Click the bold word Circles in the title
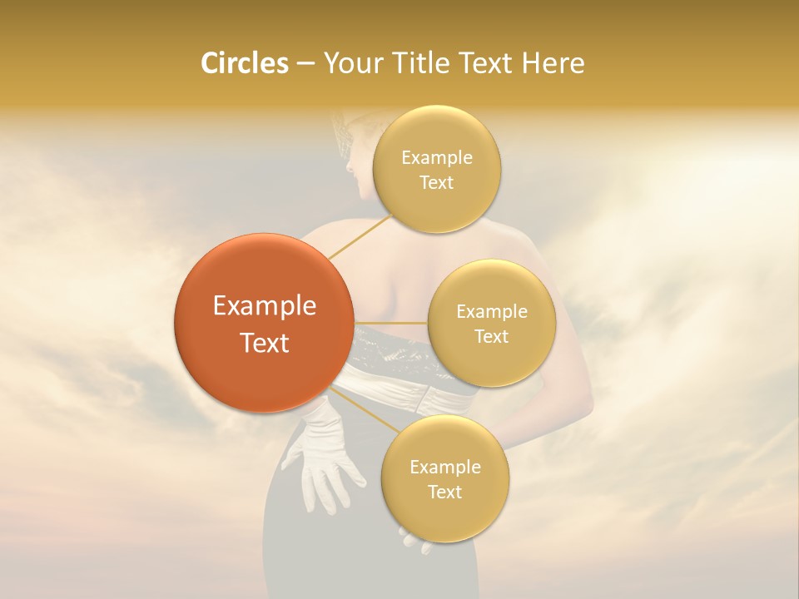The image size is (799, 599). point(245,63)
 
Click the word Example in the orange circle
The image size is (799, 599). point(265,306)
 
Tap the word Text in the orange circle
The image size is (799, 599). point(265,343)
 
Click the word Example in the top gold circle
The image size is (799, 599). point(437,158)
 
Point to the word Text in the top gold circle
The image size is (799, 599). point(436,182)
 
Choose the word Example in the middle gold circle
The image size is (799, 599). point(492,312)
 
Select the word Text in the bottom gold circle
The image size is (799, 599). point(444,492)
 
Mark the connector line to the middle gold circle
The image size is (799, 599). point(391,323)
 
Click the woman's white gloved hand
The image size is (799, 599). point(329,466)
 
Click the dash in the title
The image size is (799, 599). point(305,64)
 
